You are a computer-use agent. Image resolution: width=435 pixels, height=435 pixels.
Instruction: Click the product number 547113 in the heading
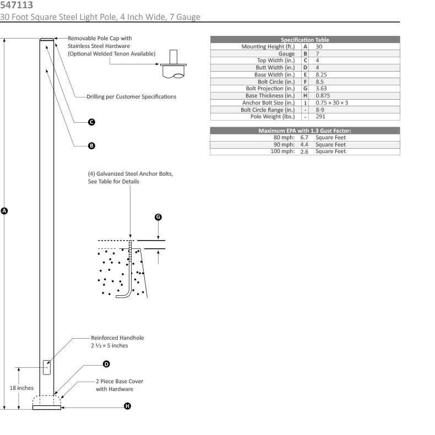[16, 5]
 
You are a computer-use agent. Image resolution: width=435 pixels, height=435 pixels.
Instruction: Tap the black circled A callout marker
[5, 210]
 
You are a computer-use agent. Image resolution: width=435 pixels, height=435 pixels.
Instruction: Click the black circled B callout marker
[91, 146]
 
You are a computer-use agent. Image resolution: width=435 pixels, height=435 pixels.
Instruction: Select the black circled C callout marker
[91, 122]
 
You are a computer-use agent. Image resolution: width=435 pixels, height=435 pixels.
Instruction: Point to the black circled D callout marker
[106, 364]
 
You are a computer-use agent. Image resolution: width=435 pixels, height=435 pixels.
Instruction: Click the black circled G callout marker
[158, 217]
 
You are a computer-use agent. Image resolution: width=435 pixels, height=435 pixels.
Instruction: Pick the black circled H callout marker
[127, 406]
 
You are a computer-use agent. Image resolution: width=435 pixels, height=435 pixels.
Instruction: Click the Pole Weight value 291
[321, 117]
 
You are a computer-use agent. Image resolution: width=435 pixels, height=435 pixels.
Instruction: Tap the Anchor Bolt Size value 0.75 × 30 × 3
[332, 102]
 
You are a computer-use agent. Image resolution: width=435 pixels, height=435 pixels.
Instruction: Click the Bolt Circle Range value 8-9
[320, 110]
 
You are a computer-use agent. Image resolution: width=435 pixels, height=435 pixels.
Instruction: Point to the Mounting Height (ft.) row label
[269, 47]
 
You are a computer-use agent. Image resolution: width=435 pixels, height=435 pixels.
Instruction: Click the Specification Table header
[304, 40]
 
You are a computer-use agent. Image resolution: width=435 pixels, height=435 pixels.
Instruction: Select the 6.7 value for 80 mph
[304, 137]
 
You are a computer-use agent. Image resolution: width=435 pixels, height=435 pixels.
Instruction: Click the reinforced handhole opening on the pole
[47, 367]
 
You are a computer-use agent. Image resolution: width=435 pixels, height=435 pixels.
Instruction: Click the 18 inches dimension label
[21, 388]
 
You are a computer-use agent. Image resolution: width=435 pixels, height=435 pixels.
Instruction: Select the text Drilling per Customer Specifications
[132, 96]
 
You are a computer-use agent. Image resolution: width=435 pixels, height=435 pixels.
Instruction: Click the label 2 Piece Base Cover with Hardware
[116, 385]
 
